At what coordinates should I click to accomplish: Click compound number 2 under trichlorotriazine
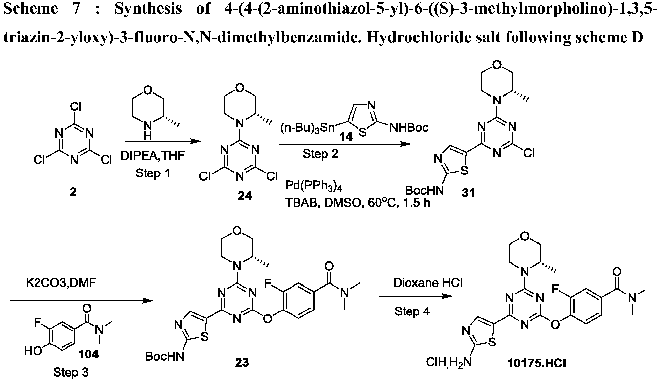pos(73,192)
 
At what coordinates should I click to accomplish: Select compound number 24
pos(244,196)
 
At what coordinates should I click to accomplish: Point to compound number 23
pos(242,362)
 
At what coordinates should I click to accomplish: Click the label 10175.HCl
pos(536,363)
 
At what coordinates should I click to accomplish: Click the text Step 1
pos(153,173)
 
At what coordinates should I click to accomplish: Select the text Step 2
pos(320,154)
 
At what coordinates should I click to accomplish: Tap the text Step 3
pos(71,373)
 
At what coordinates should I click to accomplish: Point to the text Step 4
pos(412,311)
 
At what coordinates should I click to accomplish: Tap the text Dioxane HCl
pos(428,283)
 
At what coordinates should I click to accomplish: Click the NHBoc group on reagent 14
pos(409,127)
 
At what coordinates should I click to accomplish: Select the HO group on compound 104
pos(33,351)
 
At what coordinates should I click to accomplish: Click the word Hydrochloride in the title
pos(414,37)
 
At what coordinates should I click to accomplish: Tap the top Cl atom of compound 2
pos(76,107)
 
